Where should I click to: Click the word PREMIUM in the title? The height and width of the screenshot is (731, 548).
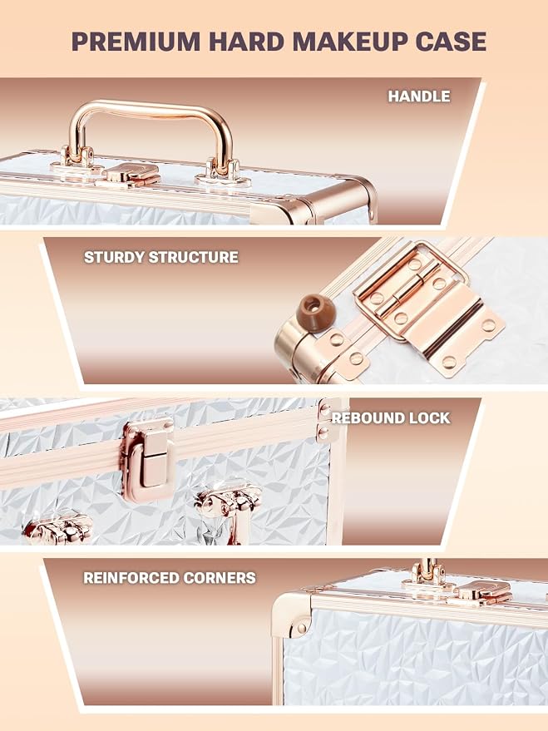136,42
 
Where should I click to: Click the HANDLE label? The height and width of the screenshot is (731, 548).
419,96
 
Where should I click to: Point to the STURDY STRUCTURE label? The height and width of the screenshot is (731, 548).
160,257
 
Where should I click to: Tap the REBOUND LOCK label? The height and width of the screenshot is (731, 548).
391,417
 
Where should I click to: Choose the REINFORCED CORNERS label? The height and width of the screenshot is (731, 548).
170,578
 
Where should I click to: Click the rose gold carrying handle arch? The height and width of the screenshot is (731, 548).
150,111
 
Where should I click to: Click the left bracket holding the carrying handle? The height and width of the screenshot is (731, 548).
75,162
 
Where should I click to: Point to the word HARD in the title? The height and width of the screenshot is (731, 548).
246,42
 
